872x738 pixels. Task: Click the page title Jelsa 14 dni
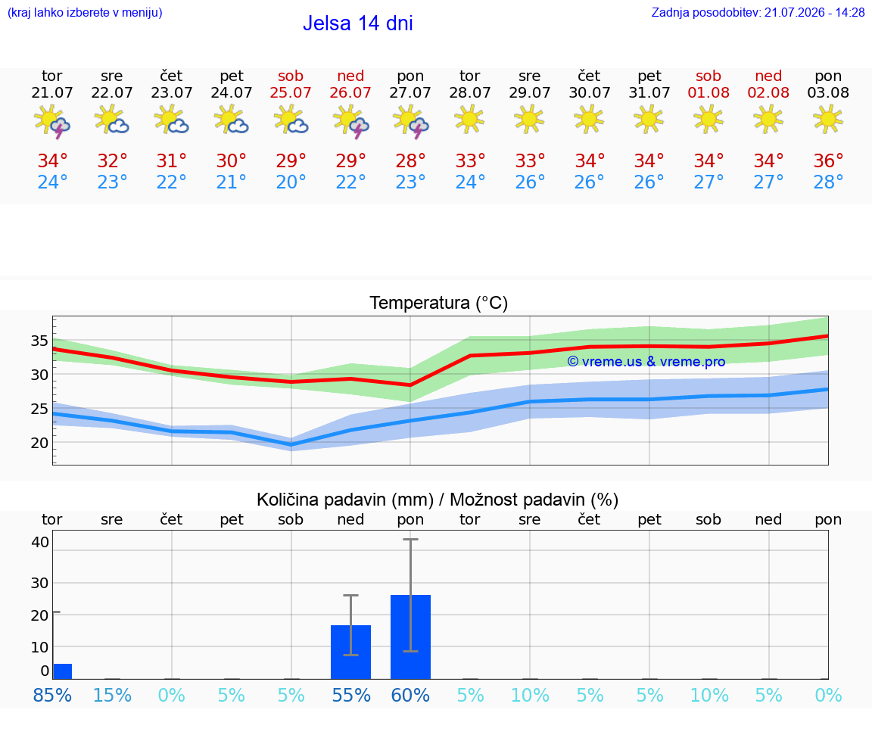point(357,23)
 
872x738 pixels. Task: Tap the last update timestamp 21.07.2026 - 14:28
point(814,12)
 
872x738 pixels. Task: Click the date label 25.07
point(291,92)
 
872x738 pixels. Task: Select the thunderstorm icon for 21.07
point(51,121)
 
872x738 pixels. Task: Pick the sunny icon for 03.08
point(827,119)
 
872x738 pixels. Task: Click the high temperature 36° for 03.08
point(828,160)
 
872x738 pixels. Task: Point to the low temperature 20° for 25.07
point(291,182)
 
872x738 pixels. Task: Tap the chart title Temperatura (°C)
point(438,303)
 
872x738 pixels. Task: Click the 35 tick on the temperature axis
point(39,341)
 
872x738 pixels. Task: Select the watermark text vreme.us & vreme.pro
point(646,362)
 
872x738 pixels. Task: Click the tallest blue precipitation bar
point(410,637)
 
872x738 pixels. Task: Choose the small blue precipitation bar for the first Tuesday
point(62,671)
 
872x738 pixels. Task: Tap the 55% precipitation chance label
point(351,695)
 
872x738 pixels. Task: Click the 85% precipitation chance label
point(52,695)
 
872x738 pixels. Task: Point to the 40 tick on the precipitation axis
point(40,542)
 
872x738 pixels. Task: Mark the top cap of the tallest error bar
point(410,540)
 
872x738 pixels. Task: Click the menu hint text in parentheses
point(85,12)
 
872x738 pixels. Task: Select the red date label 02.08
point(768,92)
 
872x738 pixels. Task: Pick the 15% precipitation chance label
point(112,695)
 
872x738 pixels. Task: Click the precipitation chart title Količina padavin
point(345,500)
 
